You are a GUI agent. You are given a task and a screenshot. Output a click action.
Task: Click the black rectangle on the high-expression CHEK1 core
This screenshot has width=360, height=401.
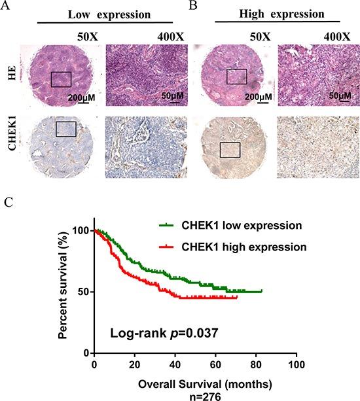pyautogui.click(x=230, y=150)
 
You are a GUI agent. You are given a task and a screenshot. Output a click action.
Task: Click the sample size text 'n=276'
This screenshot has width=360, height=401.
pyautogui.click(x=195, y=394)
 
